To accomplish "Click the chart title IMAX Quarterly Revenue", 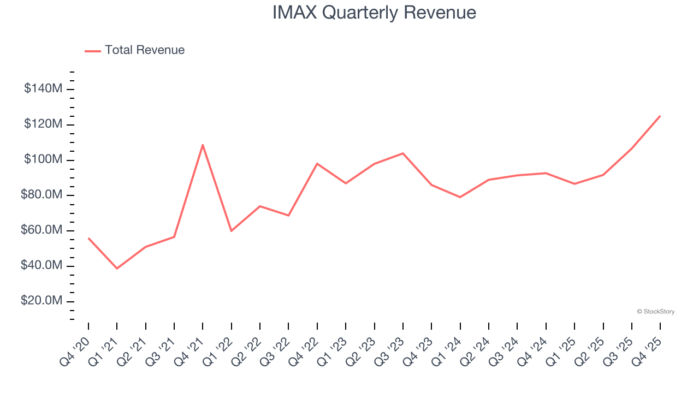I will (374, 13).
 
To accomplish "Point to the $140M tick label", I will (43, 89).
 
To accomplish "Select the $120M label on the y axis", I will (43, 124).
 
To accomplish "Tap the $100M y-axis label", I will (43, 160).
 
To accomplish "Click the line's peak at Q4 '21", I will (203, 145).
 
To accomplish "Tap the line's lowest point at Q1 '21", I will (117, 269).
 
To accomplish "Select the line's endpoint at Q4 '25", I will (660, 116).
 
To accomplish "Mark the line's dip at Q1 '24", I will (460, 197).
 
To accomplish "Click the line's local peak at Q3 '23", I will (403, 153).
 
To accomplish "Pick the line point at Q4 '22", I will (317, 163).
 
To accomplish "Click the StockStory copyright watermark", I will (655, 312).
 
